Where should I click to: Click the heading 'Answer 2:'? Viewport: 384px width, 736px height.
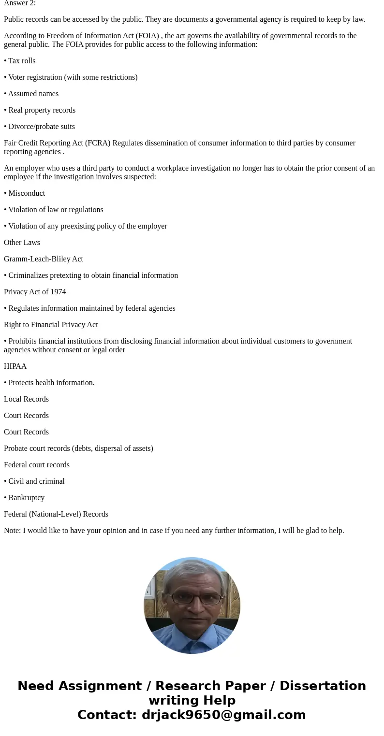20,3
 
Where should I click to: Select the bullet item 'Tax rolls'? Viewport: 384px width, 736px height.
21,61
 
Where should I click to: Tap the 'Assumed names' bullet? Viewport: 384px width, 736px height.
33,94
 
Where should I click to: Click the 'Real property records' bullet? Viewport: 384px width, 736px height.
42,110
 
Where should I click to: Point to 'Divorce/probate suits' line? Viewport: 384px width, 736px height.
41,127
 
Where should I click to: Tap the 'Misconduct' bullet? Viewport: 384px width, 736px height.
26,193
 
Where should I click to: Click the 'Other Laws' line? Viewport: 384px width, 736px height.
22,243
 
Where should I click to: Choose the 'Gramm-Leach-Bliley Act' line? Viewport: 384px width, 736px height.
44,259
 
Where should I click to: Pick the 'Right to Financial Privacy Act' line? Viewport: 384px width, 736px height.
51,325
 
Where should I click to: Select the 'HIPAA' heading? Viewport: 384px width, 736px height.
15,366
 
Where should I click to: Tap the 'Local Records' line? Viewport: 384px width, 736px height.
26,399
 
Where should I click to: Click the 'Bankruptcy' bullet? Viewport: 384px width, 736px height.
26,498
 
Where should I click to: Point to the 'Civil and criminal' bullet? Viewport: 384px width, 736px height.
36,481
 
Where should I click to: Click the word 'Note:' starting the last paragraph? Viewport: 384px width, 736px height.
13,531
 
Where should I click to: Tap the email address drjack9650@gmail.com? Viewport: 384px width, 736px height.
223,715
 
